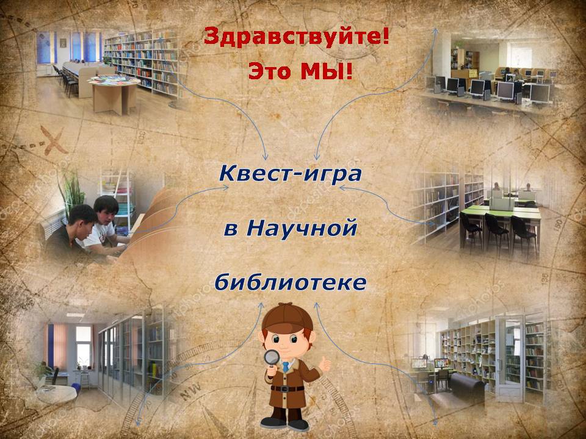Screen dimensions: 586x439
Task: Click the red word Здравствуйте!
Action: (297, 38)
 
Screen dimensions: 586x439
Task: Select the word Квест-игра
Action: (291, 174)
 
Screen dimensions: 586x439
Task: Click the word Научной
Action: (301, 228)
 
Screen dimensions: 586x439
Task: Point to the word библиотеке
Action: (291, 282)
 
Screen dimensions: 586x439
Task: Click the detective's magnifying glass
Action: (272, 359)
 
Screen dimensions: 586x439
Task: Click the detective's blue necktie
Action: (286, 366)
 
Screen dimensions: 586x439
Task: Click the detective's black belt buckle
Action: (286, 389)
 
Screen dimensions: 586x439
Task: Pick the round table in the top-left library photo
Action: (114, 93)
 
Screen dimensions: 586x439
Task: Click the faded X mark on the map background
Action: (54, 140)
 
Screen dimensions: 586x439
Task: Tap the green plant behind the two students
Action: (73, 194)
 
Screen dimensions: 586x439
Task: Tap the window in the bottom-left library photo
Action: (84, 346)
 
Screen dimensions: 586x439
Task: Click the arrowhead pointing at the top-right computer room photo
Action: (435, 31)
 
